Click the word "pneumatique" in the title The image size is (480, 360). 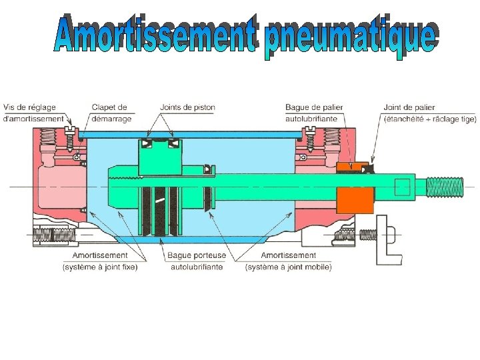click(351, 39)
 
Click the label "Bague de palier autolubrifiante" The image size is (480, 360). click(311, 113)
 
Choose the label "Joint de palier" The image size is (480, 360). click(409, 107)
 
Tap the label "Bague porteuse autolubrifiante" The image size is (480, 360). click(197, 261)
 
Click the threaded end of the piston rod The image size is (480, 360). click(443, 187)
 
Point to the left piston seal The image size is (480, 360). click(145, 143)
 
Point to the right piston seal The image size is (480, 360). click(173, 143)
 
